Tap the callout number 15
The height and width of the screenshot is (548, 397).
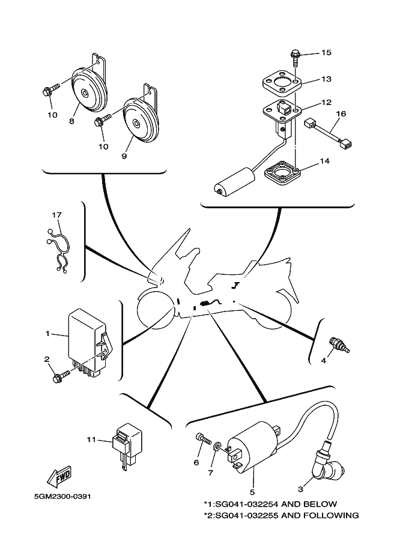[x=326, y=52]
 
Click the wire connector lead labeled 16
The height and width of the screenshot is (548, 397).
[x=328, y=133]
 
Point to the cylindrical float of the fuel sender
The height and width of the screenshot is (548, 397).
[x=235, y=181]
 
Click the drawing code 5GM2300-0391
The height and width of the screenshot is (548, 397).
[x=63, y=496]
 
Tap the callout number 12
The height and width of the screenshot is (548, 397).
[x=326, y=103]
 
